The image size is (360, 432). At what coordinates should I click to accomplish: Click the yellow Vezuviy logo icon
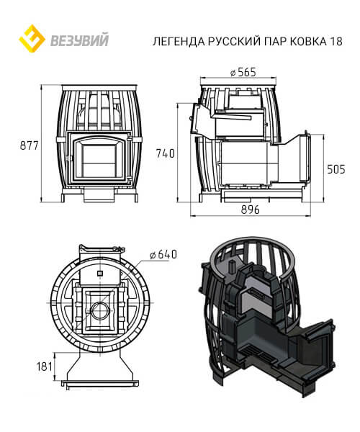point(32,39)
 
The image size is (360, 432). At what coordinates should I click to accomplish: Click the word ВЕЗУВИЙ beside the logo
point(80,40)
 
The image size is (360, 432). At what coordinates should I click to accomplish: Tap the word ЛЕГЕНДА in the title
point(179,41)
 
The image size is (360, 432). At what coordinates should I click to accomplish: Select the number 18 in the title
point(336,41)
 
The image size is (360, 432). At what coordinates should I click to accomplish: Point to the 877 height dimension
point(29,145)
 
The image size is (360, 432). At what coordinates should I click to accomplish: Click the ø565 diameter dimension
point(243,72)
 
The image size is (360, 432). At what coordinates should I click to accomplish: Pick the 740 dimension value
point(166,153)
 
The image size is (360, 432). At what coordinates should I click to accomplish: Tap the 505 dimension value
point(336,169)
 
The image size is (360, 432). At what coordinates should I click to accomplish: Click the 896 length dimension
point(250,210)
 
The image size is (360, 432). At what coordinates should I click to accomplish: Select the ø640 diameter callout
point(163,254)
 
